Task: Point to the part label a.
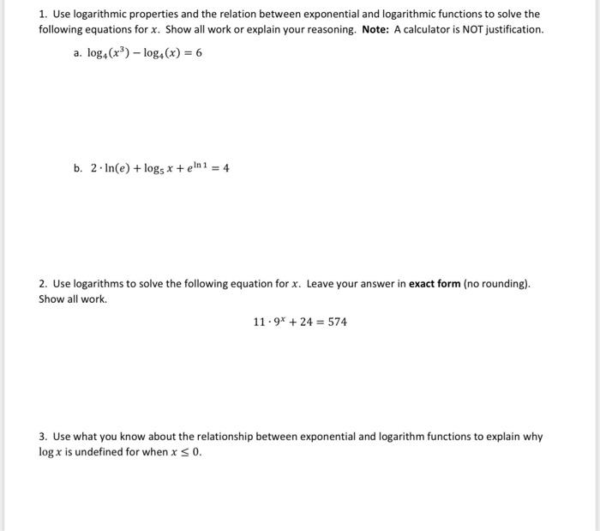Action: [77, 53]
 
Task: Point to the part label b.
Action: [78, 168]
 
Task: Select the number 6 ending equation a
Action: [198, 53]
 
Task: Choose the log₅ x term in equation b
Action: [167, 168]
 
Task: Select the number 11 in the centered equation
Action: [259, 322]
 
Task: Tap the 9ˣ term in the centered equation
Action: [281, 322]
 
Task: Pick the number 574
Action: [337, 322]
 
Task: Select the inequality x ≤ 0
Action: [186, 452]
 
